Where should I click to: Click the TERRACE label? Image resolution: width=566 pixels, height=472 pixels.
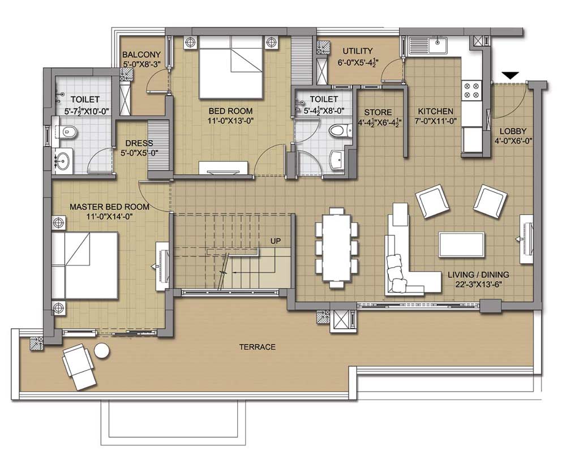pos(258,347)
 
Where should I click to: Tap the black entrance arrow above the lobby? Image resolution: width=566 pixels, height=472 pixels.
pos(511,75)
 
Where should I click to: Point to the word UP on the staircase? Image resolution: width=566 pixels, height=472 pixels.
pos(276,241)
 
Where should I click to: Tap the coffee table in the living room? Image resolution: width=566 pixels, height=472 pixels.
pos(462,244)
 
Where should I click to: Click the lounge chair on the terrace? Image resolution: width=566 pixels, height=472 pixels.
pos(79,367)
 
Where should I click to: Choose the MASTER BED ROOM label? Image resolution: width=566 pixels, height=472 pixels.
pos(109,207)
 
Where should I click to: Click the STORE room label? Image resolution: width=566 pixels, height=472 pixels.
pos(378,112)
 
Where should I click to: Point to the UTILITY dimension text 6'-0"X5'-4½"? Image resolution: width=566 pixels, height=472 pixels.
pos(358,62)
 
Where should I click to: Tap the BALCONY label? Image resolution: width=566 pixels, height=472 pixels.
pos(141,55)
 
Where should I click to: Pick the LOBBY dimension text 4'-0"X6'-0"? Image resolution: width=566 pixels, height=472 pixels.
pos(513,141)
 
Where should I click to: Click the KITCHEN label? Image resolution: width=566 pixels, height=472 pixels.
pos(435,111)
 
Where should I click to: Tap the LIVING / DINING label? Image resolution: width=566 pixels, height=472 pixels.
pos(478,275)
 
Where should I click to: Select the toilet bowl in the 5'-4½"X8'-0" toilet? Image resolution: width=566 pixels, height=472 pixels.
pos(339,130)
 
